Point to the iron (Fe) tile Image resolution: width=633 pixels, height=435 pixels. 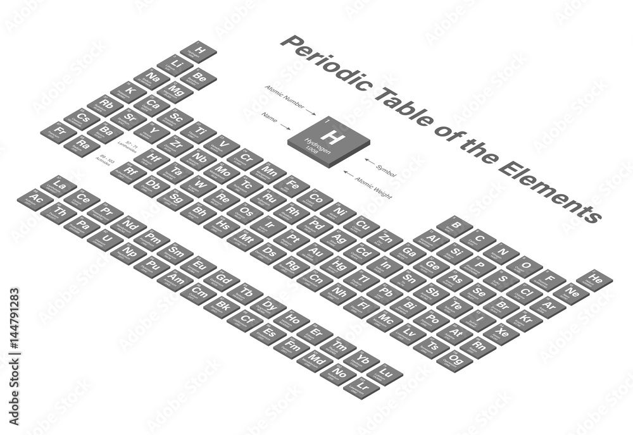click(292, 185)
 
